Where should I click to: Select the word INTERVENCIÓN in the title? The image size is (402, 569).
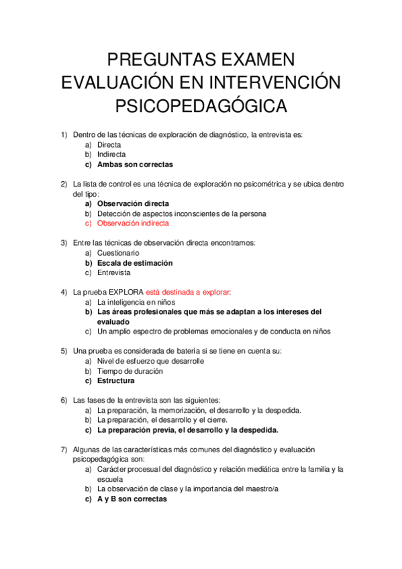click(277, 82)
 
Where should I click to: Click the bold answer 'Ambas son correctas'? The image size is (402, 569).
click(135, 164)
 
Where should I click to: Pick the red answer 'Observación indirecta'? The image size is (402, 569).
click(133, 223)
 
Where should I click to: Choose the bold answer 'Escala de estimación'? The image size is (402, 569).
click(135, 263)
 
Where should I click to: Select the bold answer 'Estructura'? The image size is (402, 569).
click(116, 381)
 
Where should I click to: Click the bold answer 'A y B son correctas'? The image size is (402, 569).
click(132, 499)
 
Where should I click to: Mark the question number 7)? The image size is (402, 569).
click(64, 450)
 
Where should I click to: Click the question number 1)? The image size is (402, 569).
click(64, 135)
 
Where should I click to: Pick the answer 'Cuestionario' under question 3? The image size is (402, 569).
click(118, 253)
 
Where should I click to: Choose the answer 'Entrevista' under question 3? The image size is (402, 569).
click(113, 273)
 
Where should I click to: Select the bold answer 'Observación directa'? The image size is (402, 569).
click(133, 203)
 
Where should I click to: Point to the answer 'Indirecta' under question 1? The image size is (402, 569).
click(111, 154)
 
